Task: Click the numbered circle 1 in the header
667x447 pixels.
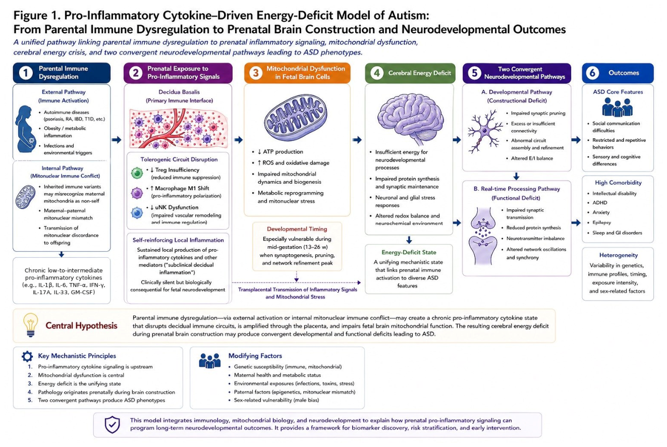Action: (x=26, y=73)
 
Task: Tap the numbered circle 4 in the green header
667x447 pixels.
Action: (x=377, y=73)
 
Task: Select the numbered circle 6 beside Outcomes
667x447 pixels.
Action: (x=592, y=73)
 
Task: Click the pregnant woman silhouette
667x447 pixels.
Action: (x=26, y=129)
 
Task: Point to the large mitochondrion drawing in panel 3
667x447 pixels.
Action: (x=295, y=116)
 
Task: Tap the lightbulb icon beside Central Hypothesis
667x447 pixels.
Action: (x=31, y=325)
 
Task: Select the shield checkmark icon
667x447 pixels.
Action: (x=112, y=425)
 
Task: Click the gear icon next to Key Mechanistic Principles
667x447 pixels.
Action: (x=27, y=356)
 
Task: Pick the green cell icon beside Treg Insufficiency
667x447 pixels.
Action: (x=137, y=173)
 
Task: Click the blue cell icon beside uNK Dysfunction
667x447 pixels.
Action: (x=137, y=213)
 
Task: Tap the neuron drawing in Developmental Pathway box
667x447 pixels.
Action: (x=484, y=131)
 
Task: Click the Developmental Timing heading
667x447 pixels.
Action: (x=297, y=229)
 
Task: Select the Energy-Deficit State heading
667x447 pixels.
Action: (x=409, y=252)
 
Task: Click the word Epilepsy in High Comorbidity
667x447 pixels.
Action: (x=601, y=222)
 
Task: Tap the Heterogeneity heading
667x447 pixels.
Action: (x=619, y=255)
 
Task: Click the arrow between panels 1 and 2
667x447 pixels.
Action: (x=117, y=140)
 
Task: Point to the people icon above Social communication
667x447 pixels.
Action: (x=617, y=107)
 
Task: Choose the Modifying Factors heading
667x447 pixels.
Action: (x=255, y=356)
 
